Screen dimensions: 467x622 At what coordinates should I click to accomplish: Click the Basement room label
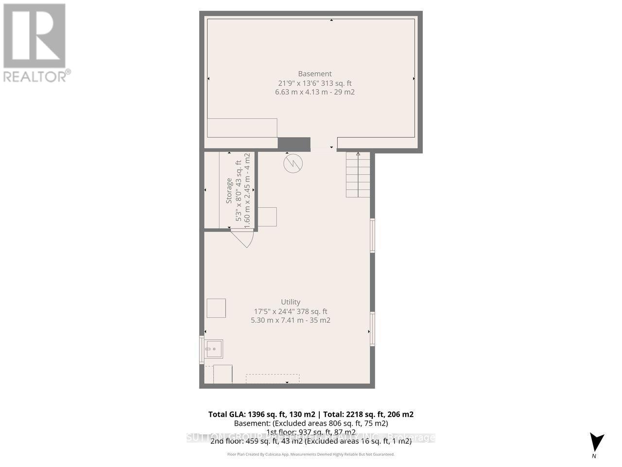[314, 74]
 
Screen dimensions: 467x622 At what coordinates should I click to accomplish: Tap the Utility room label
[291, 302]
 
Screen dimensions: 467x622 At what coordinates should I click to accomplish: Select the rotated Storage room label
[229, 191]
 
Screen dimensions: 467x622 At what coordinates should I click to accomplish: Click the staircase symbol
[358, 175]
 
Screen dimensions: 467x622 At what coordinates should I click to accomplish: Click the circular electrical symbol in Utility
[293, 163]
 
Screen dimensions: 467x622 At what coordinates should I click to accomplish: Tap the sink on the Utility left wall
[213, 348]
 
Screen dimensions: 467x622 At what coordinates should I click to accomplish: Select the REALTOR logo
[35, 42]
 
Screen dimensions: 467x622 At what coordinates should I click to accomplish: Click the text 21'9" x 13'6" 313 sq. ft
[314, 83]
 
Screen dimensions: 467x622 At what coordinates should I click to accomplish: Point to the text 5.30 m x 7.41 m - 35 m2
[291, 321]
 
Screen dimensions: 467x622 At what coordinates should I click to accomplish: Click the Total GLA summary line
[311, 414]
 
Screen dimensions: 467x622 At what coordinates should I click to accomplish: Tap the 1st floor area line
[311, 432]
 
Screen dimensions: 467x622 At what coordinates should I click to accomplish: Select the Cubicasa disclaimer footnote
[311, 454]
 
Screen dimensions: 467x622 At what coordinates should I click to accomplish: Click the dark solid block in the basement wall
[294, 144]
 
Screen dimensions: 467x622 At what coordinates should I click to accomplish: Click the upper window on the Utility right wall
[372, 235]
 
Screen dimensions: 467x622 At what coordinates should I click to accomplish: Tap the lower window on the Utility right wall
[372, 329]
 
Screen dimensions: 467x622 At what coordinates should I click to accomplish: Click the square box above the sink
[216, 308]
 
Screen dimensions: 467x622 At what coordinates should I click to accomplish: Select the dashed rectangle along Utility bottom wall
[272, 378]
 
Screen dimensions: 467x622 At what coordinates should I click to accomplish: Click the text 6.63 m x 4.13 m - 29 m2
[314, 92]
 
